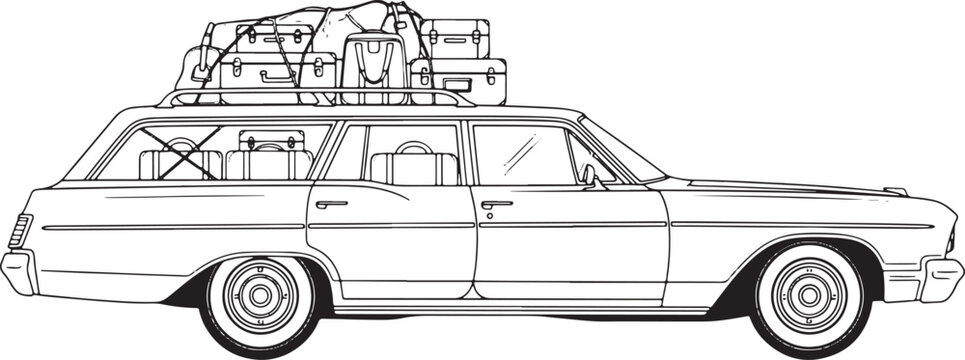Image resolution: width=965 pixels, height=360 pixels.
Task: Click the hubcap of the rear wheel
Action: (x=260, y=294)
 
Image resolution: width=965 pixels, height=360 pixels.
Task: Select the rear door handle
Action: (x=331, y=204)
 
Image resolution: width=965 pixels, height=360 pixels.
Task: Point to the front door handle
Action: (x=496, y=205)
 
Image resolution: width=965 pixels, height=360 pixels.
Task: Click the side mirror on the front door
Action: (x=591, y=176)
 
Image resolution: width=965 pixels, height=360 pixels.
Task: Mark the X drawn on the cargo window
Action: (x=180, y=153)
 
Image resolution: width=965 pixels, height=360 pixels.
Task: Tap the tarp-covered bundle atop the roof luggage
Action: (x=330, y=18)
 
